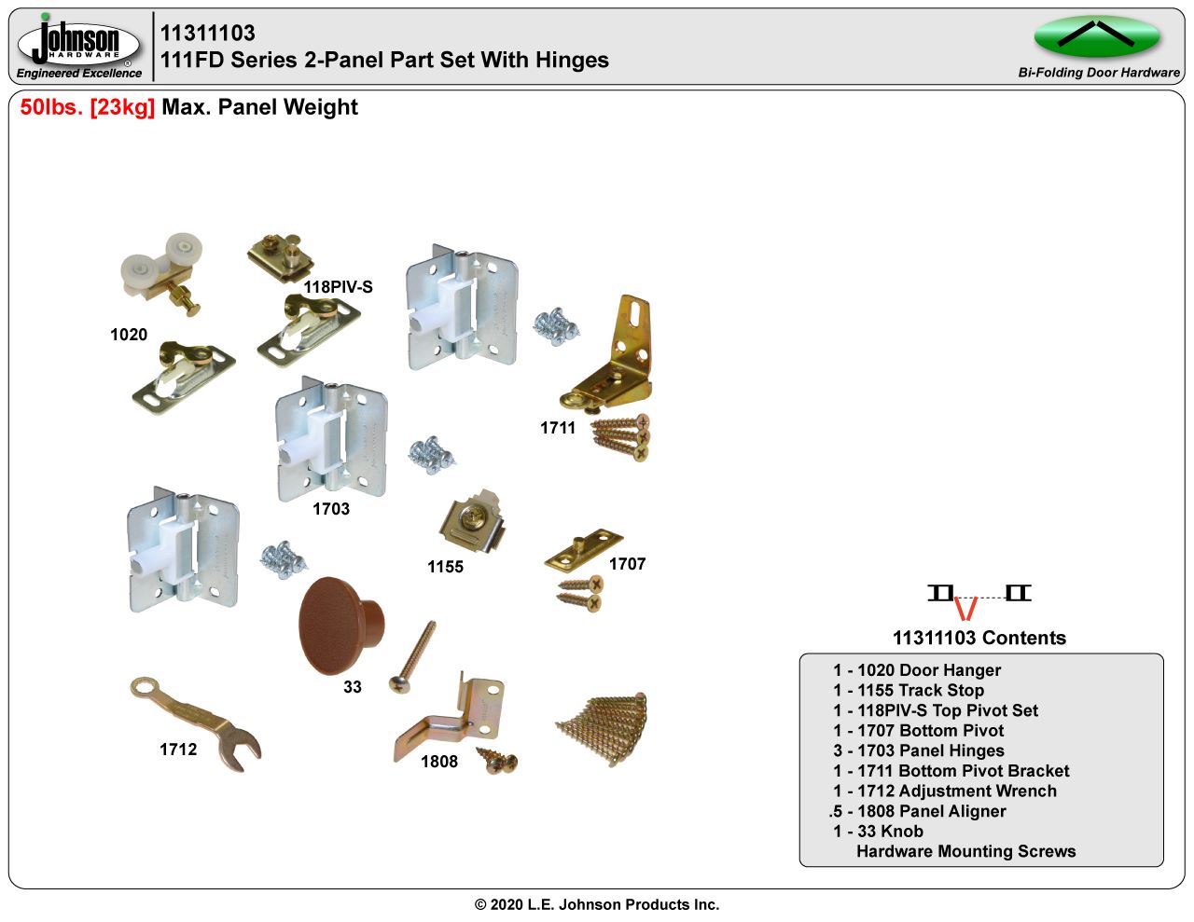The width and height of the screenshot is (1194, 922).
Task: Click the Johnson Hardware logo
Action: pos(78,45)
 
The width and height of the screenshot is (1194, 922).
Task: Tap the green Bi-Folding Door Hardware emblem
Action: pos(1096,36)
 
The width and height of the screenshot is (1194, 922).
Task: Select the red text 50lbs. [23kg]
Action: pos(88,107)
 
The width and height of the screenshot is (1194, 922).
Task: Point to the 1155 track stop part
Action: pos(475,523)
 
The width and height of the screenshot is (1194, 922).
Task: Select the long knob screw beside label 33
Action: pos(416,656)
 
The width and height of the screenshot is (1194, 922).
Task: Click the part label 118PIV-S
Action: pos(338,287)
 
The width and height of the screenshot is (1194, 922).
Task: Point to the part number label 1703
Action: pos(331,509)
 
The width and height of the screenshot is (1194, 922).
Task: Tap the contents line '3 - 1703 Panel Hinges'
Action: pos(919,750)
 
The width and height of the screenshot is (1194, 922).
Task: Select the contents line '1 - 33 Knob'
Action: pos(878,831)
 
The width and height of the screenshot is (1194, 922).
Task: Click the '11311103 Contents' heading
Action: pos(979,638)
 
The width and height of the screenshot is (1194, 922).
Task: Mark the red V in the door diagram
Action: pos(967,608)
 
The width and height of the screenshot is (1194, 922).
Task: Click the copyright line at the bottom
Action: pos(597,904)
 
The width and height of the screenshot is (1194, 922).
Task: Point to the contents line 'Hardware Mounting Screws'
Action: pos(965,851)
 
